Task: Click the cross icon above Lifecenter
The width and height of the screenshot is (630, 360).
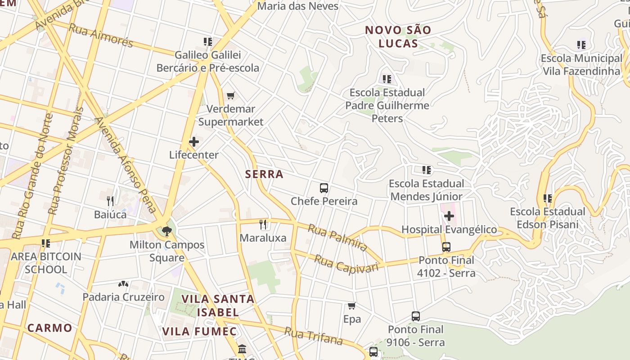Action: point(194,142)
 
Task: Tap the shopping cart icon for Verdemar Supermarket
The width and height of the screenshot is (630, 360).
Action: point(231,95)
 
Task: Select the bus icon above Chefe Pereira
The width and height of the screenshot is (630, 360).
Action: point(324,188)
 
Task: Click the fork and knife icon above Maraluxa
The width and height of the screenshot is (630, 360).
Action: point(263,224)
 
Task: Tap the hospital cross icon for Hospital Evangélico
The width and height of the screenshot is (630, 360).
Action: point(449,216)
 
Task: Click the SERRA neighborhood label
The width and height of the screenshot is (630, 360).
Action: point(264,174)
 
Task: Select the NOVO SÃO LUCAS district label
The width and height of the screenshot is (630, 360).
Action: point(398,37)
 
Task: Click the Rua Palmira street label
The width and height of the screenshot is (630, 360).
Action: point(337,237)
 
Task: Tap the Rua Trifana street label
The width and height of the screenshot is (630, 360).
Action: point(313,336)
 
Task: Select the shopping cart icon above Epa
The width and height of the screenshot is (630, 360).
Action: point(352,306)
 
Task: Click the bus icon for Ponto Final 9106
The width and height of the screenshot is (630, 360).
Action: point(416,316)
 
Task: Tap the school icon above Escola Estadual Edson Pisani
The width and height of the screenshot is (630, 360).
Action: point(548,198)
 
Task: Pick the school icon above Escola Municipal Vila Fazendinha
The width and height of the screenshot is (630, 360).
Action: point(581,45)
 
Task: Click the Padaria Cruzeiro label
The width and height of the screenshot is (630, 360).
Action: point(123,297)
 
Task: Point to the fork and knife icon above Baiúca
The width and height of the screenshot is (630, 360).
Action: point(110,201)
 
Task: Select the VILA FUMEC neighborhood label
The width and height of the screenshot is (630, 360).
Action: point(199,332)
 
